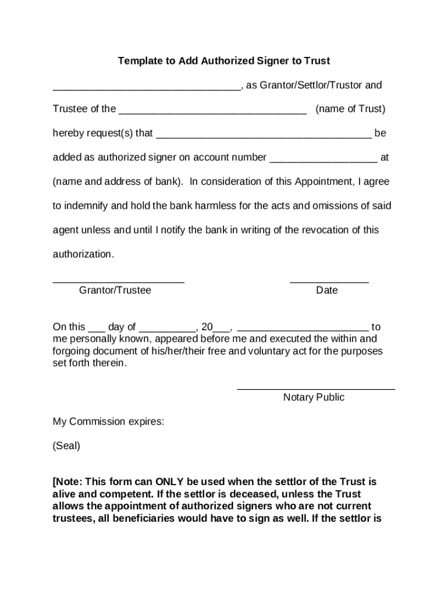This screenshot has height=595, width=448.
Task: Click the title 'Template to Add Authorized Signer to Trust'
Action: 224,61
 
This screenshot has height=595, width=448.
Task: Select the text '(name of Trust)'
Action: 350,109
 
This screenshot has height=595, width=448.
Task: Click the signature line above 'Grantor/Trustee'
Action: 119,282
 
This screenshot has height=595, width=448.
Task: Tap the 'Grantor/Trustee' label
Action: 115,290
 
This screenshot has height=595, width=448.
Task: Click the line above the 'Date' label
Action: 329,282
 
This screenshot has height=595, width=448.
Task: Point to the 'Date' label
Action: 326,290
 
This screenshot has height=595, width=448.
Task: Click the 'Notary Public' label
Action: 314,397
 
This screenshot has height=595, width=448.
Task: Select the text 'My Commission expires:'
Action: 108,422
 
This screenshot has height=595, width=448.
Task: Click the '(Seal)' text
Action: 66,446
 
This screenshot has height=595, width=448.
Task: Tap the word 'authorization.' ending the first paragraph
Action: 84,255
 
